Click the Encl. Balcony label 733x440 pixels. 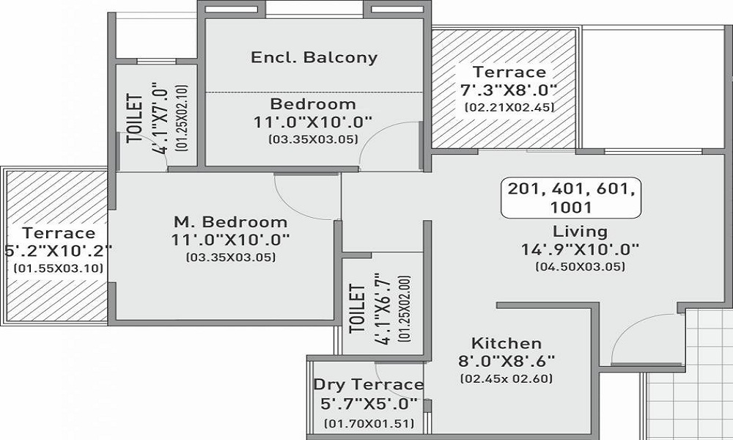tap(314, 57)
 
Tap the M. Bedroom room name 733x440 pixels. tap(230, 221)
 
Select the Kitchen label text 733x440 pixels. tap(507, 343)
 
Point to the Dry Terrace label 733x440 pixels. tap(369, 384)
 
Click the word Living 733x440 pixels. tap(580, 232)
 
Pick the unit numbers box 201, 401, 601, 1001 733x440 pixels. tap(571, 198)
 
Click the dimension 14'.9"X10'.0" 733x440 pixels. tap(580, 249)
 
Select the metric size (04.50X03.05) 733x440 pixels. tap(580, 266)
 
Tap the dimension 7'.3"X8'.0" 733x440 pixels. tap(509, 89)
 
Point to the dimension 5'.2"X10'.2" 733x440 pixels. tap(58, 251)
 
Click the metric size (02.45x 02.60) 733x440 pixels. tap(507, 378)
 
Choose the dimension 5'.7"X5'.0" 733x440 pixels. tap(369, 403)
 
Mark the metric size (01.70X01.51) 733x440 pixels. tap(369, 424)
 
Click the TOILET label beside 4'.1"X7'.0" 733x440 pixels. tap(135, 119)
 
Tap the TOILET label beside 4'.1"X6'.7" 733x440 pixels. tap(357, 308)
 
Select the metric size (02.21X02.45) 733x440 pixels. tap(509, 107)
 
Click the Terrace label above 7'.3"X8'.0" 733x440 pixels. tap(509, 72)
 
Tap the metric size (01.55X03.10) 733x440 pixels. tap(58, 268)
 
